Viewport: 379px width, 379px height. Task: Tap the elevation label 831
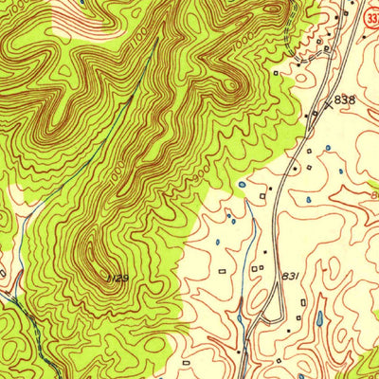291,275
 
